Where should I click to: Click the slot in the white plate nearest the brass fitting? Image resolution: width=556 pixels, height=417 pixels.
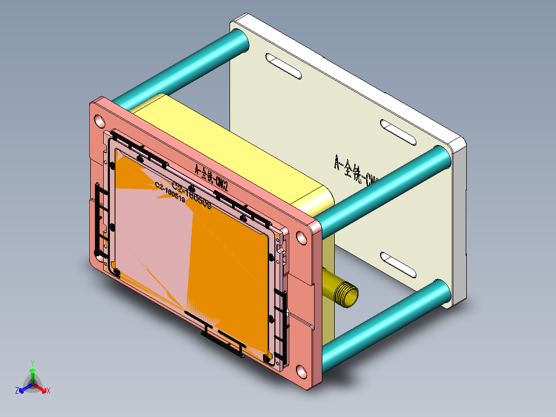tap(399, 264)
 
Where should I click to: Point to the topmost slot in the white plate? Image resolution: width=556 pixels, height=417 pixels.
tap(283, 66)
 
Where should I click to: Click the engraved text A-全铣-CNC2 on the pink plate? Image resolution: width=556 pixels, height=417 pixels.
tap(211, 175)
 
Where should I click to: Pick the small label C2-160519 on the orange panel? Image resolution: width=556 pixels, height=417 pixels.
tap(170, 192)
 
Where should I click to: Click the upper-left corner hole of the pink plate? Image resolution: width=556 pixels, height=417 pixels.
tap(98, 121)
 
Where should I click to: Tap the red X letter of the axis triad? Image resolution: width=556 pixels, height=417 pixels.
tap(48, 391)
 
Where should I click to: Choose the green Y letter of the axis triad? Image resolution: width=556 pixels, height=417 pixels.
tap(32, 363)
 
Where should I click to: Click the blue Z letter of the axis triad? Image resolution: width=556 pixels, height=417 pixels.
tap(17, 391)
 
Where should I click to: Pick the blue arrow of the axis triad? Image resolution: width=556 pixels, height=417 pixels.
tap(24, 388)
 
